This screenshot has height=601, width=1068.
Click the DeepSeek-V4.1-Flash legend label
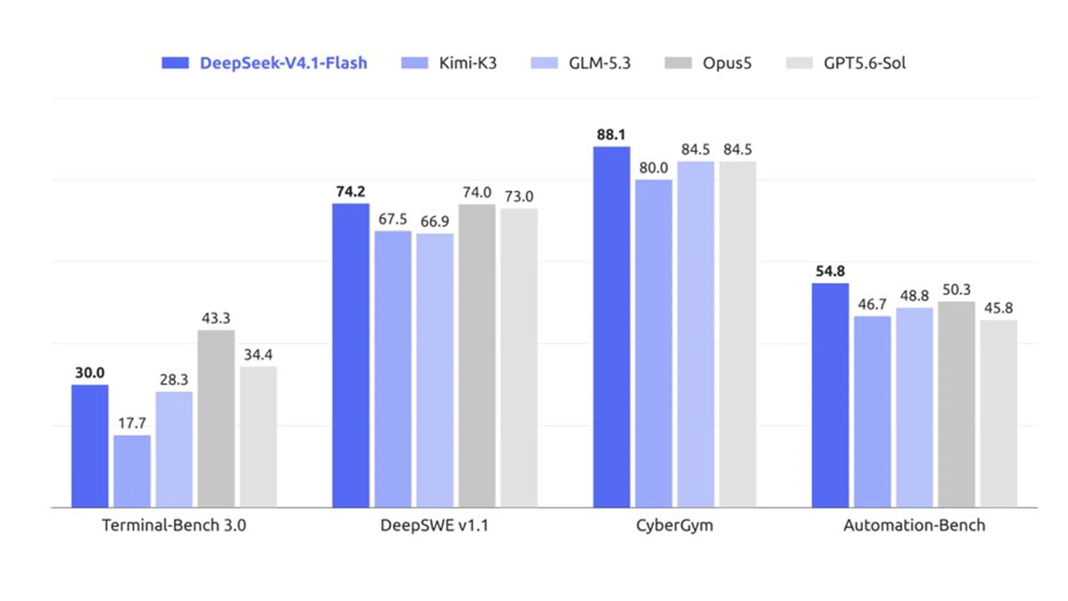pos(283,63)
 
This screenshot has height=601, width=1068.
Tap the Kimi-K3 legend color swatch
pos(414,63)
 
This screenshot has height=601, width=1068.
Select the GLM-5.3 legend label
pos(600,63)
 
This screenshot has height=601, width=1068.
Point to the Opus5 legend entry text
pos(727,63)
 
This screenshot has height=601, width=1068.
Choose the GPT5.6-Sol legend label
pos(864,63)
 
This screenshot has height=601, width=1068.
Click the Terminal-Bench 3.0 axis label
pos(174,525)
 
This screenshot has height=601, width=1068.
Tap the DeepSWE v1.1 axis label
pos(434,525)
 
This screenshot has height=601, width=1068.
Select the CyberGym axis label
pos(674,525)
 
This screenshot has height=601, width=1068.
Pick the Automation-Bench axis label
pos(914,525)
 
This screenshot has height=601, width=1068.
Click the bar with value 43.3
pos(216,418)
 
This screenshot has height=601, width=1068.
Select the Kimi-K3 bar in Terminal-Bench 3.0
pos(132,471)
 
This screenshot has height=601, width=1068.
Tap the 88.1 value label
pos(611,135)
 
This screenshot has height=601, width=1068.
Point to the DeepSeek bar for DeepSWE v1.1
pos(350,355)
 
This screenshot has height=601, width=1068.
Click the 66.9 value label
pos(434,221)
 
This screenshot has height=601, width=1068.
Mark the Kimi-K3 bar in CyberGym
pos(654,343)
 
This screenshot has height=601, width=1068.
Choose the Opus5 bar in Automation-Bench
pos(956,404)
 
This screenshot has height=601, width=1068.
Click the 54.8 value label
pos(830,271)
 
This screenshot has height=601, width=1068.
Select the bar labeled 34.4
pos(258,437)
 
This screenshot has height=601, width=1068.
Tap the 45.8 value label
pos(998,308)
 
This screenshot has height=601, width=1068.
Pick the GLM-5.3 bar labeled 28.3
pos(174,449)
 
